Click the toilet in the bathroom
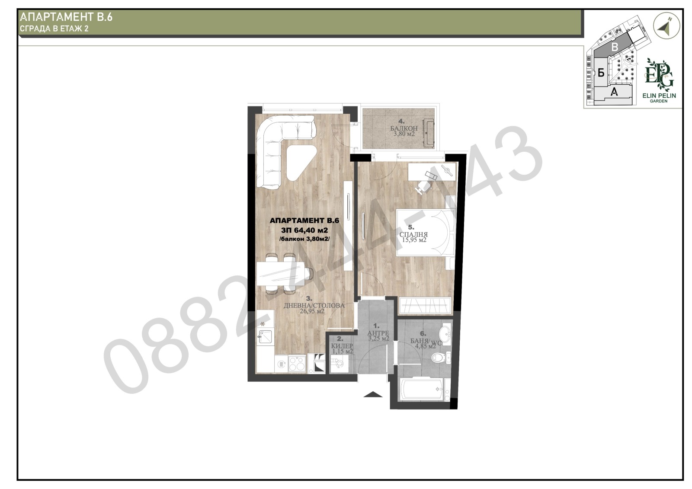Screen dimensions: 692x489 (x=442, y=358)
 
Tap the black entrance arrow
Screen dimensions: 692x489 (x=373, y=394)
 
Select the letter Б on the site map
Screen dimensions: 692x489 (x=601, y=72)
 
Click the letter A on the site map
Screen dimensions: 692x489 (x=615, y=92)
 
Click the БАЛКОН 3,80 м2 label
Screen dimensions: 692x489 (x=404, y=131)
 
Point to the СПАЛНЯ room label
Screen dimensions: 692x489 (x=413, y=234)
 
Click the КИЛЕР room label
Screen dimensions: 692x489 (x=342, y=345)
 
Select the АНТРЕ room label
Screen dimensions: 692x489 (x=378, y=333)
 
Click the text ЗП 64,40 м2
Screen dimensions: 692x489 (x=304, y=230)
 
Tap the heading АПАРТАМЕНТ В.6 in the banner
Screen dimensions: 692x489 (x=66, y=17)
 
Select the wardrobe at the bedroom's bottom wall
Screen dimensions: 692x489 (x=425, y=306)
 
